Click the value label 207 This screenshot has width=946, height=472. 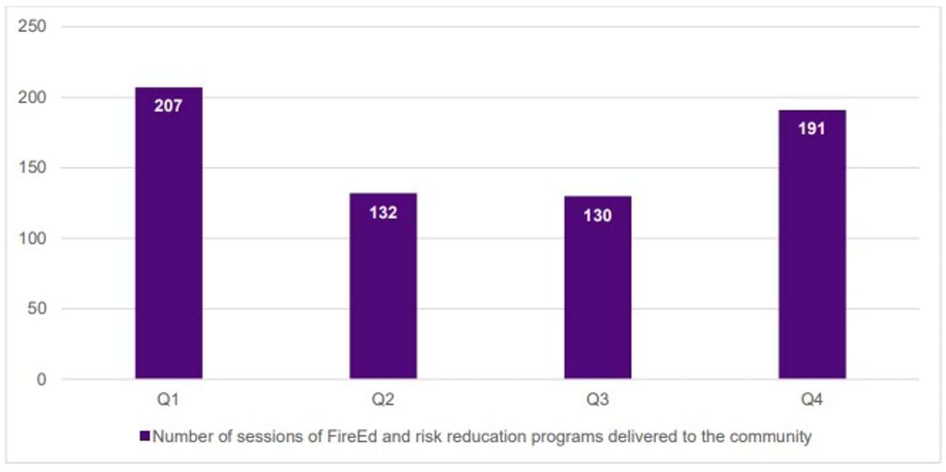[168, 106]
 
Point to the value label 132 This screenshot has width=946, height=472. [383, 213]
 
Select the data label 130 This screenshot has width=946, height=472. [597, 216]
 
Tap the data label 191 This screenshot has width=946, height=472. [811, 129]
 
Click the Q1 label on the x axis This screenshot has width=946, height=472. [168, 400]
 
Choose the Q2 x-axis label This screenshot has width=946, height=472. [383, 400]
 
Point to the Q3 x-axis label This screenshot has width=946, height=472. [597, 400]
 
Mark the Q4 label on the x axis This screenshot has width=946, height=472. [811, 400]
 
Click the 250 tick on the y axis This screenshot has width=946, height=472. [33, 27]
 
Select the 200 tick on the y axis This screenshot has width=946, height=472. [33, 97]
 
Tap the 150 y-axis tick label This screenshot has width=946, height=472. [33, 168]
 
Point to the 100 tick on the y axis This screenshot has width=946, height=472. [33, 238]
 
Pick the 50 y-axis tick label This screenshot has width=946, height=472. [37, 309]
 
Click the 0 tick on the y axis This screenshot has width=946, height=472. [41, 380]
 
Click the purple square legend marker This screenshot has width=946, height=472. [145, 437]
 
